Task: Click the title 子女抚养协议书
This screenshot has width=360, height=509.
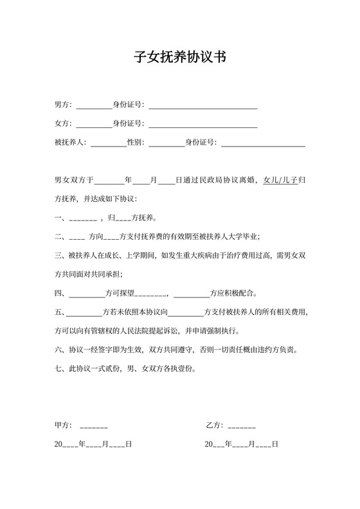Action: click(x=179, y=57)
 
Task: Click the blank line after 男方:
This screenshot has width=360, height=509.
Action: click(x=94, y=105)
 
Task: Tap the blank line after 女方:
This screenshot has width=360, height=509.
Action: click(x=94, y=123)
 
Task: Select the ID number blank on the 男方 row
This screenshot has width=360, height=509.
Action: click(x=203, y=105)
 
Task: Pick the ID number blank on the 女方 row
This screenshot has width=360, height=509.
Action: click(x=203, y=123)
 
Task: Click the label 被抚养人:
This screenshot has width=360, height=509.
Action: click(x=71, y=143)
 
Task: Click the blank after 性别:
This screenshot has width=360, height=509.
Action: click(x=166, y=143)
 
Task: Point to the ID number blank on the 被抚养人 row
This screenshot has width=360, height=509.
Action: click(x=263, y=143)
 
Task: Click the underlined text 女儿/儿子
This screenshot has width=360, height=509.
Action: click(x=280, y=181)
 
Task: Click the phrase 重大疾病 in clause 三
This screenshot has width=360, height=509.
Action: click(x=196, y=256)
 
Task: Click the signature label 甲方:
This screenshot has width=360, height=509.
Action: click(x=63, y=425)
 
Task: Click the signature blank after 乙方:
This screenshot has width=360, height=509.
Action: click(x=242, y=425)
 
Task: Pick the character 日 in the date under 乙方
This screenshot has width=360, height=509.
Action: click(x=275, y=444)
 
